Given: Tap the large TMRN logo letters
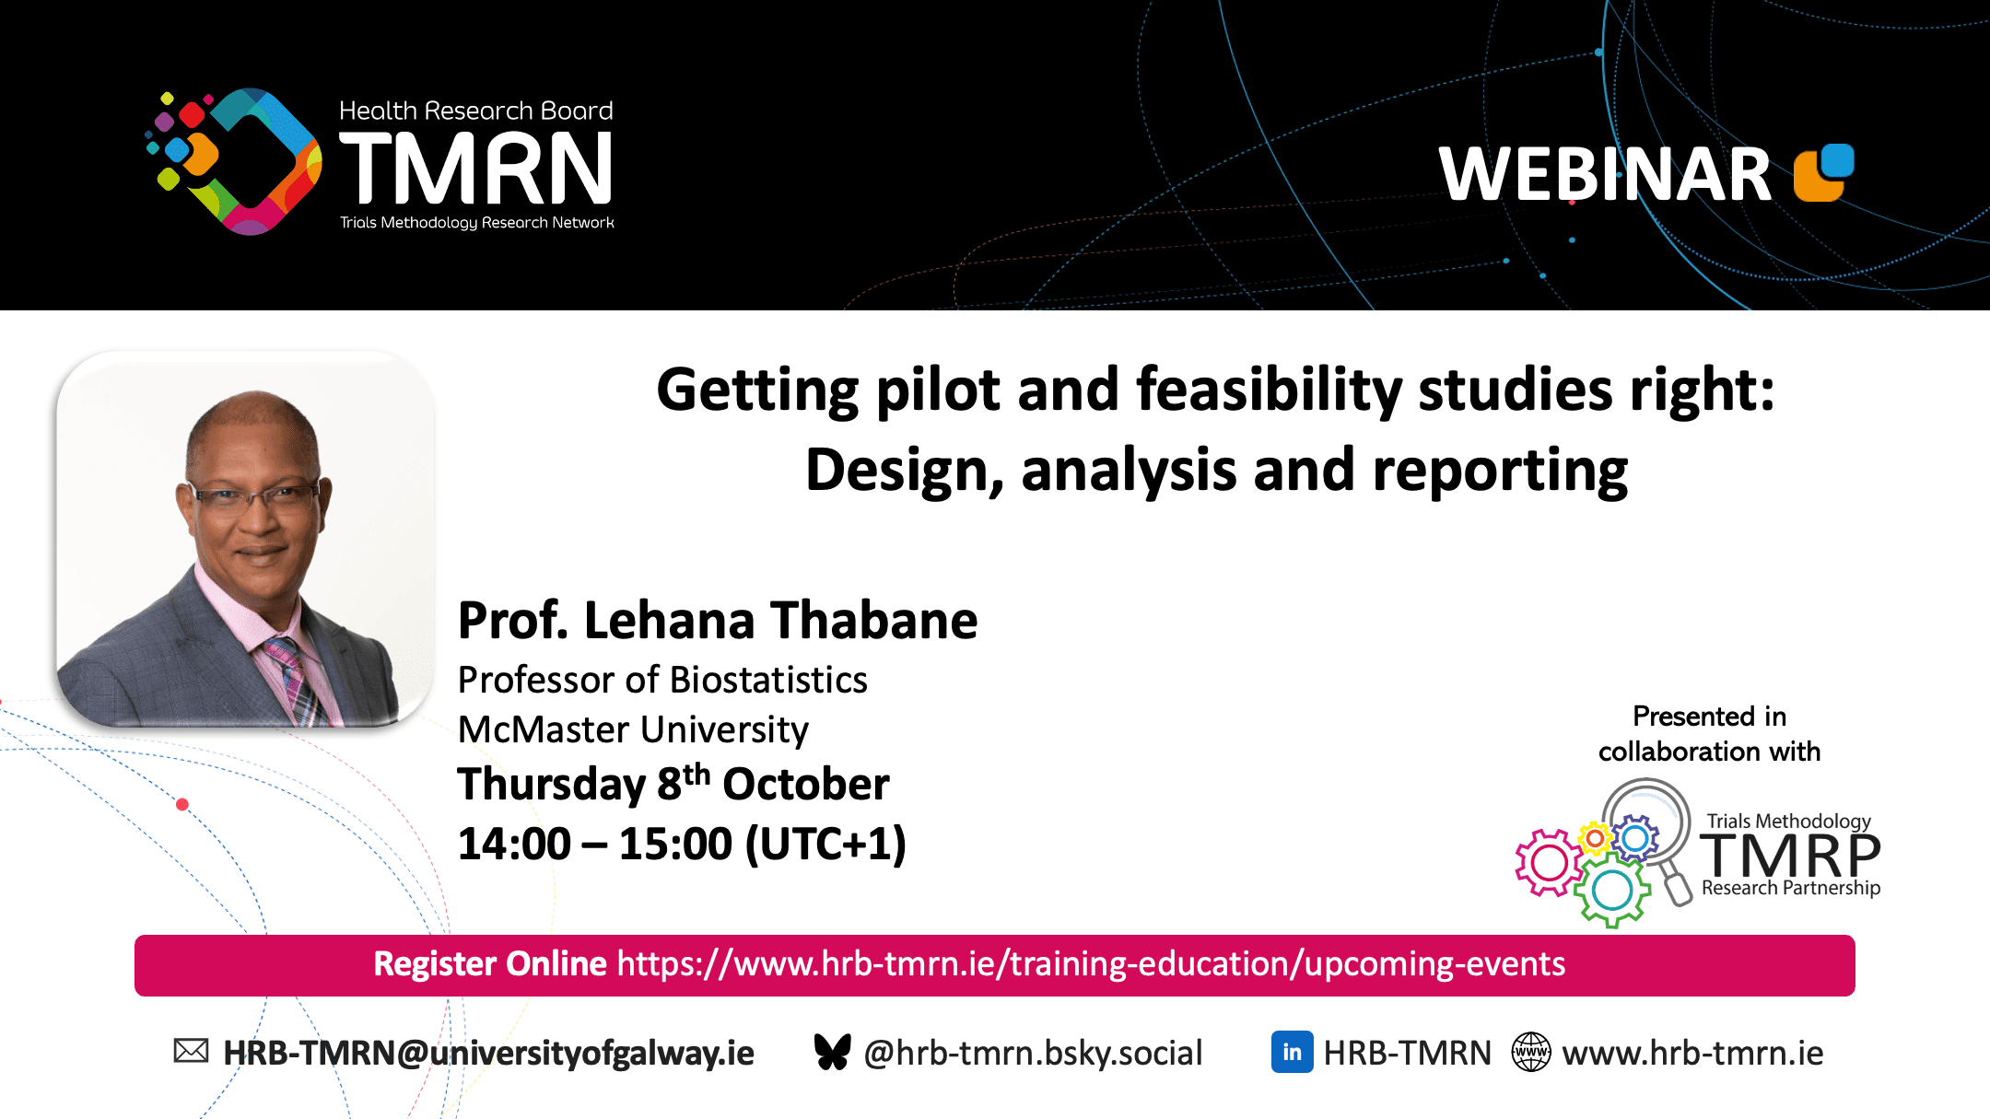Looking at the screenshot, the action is [x=476, y=168].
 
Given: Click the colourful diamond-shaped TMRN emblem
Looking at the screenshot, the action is [x=234, y=161].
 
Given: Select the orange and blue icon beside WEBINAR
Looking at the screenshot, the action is [x=1824, y=172].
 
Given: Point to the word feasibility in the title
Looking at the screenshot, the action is [x=1269, y=390].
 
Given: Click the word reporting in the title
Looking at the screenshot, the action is [x=1500, y=472].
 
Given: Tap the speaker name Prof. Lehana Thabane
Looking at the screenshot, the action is [x=718, y=620].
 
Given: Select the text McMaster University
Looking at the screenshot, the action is [x=633, y=730].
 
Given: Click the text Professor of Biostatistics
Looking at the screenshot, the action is [x=662, y=680].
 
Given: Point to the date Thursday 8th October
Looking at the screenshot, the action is [x=673, y=784].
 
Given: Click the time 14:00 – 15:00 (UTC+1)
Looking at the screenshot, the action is [x=682, y=844].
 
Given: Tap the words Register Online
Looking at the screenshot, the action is [x=490, y=964].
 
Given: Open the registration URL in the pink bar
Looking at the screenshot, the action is [x=1091, y=964].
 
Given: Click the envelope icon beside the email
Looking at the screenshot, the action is [x=191, y=1051].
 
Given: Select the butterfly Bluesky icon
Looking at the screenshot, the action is [x=832, y=1052].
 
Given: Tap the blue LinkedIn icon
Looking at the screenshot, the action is [x=1292, y=1052].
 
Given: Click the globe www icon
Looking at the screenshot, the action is [x=1531, y=1052].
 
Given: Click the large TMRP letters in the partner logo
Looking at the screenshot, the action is [x=1790, y=856].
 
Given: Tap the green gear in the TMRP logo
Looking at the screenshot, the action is [x=1612, y=890].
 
